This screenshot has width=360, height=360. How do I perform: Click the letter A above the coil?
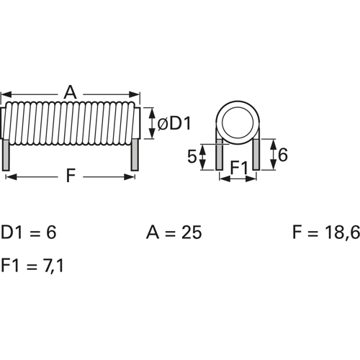coord(70,91)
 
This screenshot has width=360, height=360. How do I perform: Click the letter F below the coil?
coord(70,176)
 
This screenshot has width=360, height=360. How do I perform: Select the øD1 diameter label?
coord(174,125)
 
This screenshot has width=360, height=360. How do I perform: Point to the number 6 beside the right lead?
coord(282,154)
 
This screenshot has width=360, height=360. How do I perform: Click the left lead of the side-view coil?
coord(6,156)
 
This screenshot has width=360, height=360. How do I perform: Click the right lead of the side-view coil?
coord(134,156)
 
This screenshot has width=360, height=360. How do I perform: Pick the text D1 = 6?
coord(28,233)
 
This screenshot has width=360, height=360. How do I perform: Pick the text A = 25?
coord(174,233)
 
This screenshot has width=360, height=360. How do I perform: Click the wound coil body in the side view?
coord(70,123)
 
